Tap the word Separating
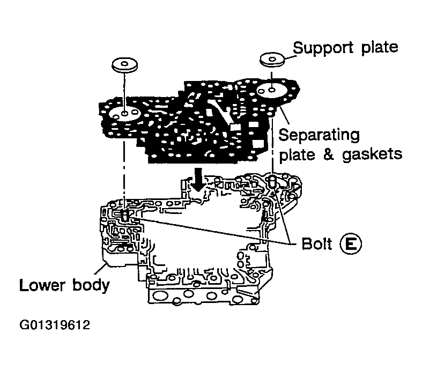(320, 134)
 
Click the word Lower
(43, 284)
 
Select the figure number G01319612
(54, 325)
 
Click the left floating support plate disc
(125, 66)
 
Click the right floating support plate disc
(272, 59)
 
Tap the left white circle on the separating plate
(124, 114)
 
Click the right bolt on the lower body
(272, 182)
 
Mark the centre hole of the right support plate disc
(272, 58)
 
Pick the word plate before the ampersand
(297, 154)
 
